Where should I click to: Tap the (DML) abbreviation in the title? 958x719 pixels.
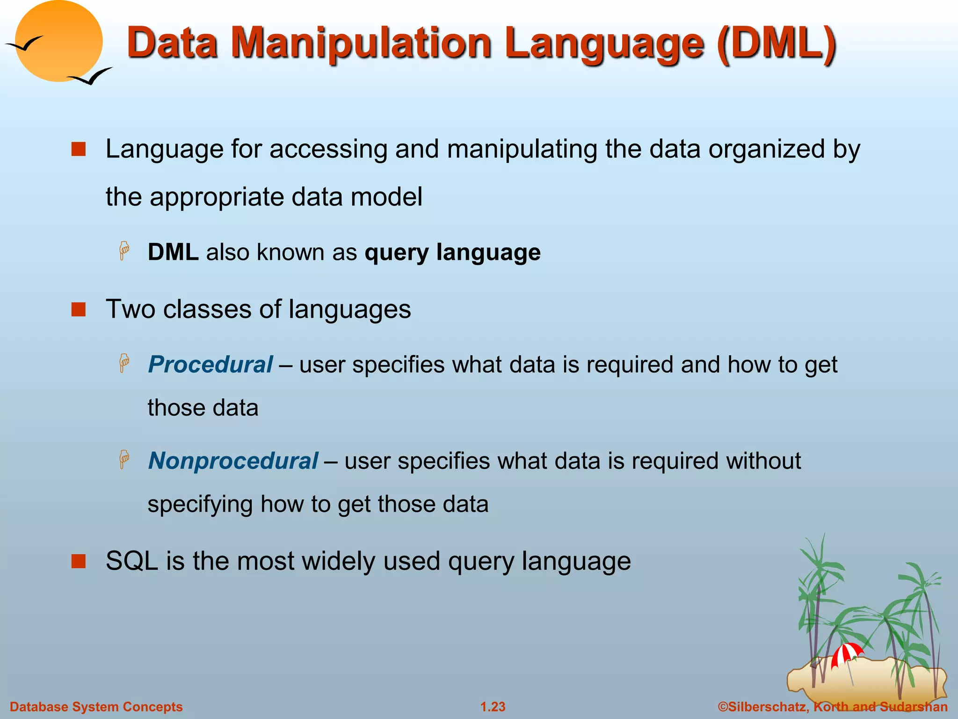[x=777, y=43]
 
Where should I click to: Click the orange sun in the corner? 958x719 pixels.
[x=58, y=41]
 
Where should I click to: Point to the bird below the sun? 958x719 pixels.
[x=91, y=76]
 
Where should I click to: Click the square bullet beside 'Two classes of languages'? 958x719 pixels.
[x=79, y=309]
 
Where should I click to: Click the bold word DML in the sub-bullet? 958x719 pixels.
[x=173, y=252]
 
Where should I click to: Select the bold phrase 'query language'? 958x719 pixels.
[x=452, y=252]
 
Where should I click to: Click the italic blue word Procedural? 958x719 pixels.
[x=210, y=364]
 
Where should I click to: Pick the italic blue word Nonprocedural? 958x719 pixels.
[x=233, y=461]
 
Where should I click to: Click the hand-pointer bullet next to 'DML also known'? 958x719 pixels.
[x=124, y=251]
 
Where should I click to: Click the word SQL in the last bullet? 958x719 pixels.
[x=132, y=561]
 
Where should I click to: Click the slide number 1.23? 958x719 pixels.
[x=493, y=707]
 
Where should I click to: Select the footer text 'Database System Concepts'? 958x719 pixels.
[x=96, y=707]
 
